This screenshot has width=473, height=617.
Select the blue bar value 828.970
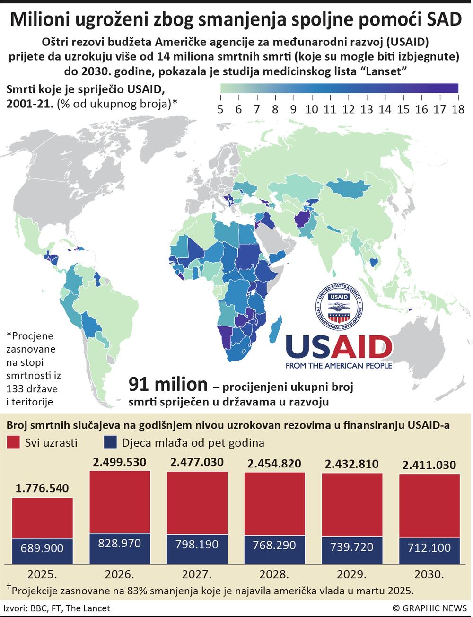coord(119,543)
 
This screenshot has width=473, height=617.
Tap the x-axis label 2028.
coord(274,575)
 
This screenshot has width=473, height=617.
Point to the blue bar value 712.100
coord(429,547)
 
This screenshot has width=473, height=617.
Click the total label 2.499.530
coord(120,462)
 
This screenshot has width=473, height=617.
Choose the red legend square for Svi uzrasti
coord(13,443)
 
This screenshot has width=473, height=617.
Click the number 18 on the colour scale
coord(457,109)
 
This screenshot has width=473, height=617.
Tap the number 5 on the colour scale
coord(220,109)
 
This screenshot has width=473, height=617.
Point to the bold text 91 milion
coord(168,385)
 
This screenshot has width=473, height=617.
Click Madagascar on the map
coord(275,329)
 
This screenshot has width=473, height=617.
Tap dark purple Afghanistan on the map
coord(301,220)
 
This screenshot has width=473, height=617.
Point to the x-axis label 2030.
coord(429,575)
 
